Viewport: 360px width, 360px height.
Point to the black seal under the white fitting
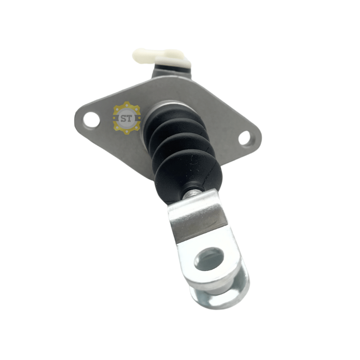click(x=172, y=68)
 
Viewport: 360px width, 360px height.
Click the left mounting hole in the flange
click(x=91, y=119)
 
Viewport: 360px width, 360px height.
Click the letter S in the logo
click(x=123, y=118)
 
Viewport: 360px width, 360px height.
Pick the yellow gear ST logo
click(x=127, y=118)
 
